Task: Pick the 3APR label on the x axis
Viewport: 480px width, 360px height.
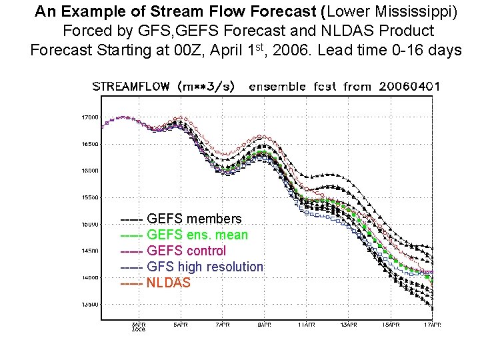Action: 138,325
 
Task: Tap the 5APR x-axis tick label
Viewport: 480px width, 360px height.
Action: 180,325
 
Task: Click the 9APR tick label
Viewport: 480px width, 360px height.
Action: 264,325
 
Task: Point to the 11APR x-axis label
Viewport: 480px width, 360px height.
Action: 306,325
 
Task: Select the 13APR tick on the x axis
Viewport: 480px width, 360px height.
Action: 348,325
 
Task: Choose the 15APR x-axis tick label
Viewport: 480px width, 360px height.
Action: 390,325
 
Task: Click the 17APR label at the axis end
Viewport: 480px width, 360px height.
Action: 431,325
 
